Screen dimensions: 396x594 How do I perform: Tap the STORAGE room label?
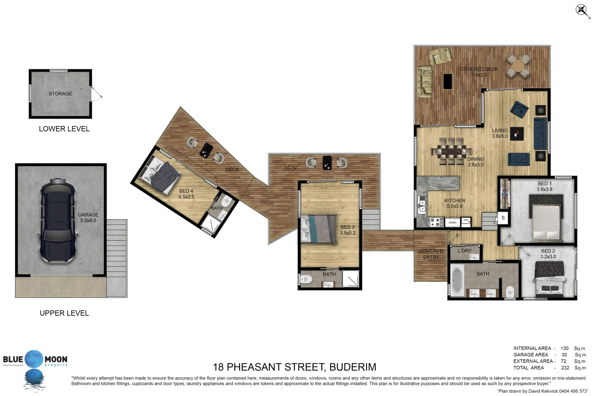click(x=60, y=94)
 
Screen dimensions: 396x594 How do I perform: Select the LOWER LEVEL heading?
click(x=64, y=129)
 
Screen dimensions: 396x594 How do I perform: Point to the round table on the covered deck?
click(x=518, y=66)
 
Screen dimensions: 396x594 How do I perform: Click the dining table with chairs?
click(x=451, y=151)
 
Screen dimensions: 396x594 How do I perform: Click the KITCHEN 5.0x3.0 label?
click(x=455, y=203)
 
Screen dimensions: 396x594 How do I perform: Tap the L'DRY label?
click(x=465, y=251)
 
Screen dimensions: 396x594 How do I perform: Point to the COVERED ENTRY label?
click(x=431, y=254)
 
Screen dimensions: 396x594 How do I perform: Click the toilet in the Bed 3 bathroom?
click(x=307, y=280)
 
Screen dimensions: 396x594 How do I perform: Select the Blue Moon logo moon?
click(x=34, y=359)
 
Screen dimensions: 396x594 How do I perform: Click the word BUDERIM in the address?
click(x=353, y=367)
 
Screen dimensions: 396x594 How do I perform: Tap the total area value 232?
click(x=565, y=368)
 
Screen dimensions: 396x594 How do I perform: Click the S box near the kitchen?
click(x=503, y=218)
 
